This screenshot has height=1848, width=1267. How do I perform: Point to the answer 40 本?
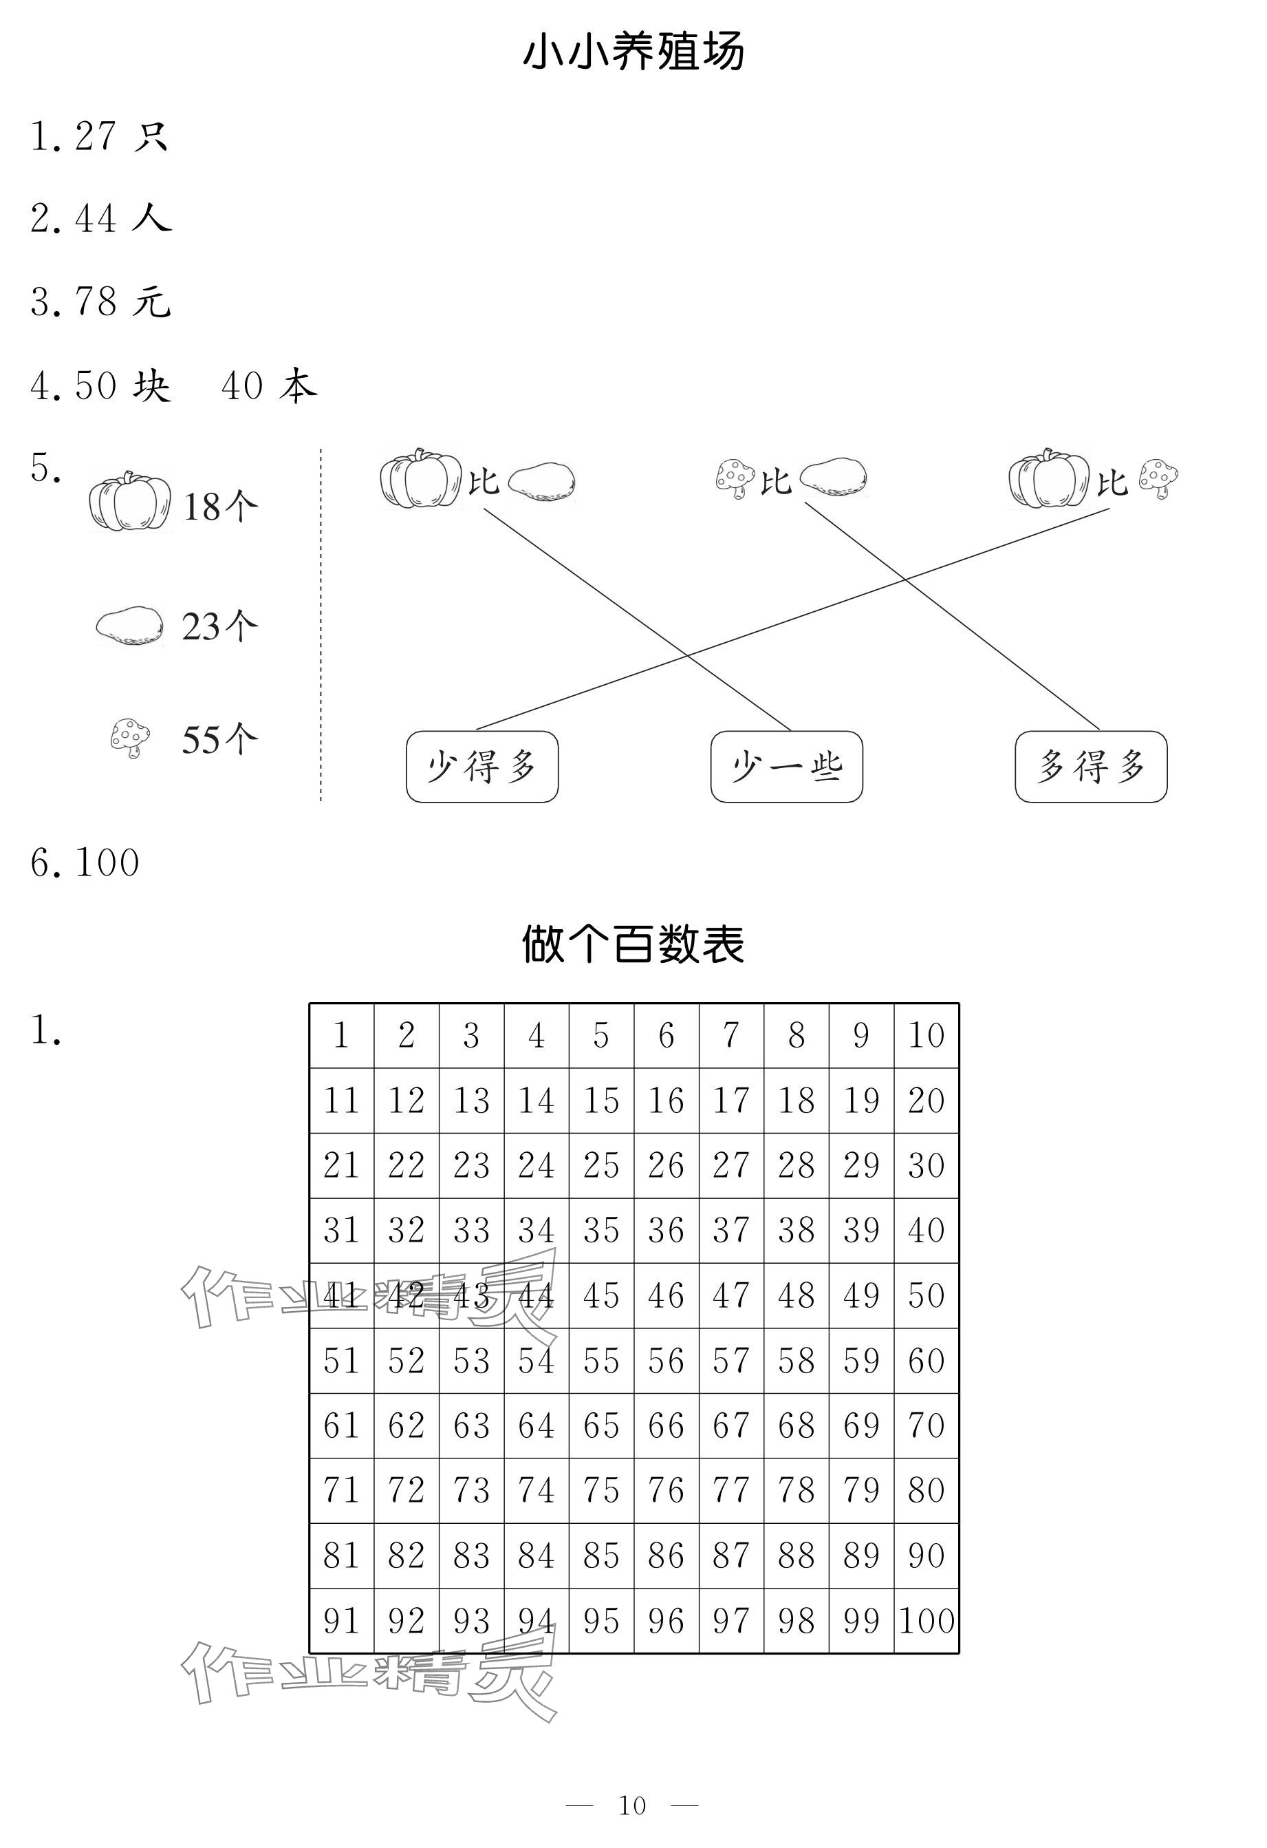(269, 385)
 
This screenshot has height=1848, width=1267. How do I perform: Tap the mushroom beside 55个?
(129, 738)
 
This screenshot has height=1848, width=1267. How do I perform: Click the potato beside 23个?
(129, 625)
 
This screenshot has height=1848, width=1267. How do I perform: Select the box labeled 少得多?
(481, 767)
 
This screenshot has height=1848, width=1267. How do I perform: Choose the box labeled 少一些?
(786, 767)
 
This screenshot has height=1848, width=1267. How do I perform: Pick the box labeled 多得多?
(1090, 767)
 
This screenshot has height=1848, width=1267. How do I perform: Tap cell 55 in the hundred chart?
(601, 1361)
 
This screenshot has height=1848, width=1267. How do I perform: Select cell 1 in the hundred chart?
(341, 1035)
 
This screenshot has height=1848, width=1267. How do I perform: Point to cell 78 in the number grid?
(797, 1490)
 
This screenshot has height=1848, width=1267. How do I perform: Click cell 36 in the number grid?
(666, 1230)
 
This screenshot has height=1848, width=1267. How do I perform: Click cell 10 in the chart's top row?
(927, 1035)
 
